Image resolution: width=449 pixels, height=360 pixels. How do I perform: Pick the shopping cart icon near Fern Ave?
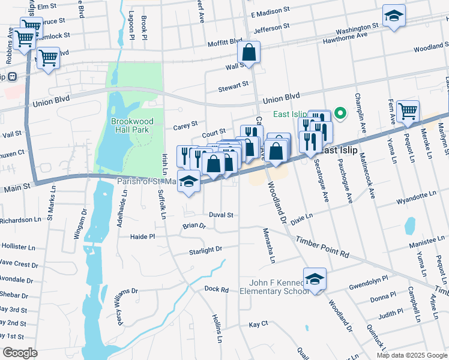point(408,111)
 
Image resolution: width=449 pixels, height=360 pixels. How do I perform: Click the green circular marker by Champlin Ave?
point(340,113)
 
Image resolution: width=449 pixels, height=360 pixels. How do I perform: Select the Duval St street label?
point(220,215)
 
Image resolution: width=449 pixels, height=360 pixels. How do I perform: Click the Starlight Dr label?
point(205,249)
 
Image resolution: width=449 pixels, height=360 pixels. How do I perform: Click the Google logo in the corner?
point(20,353)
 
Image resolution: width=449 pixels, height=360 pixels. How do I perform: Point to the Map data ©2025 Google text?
point(411,355)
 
